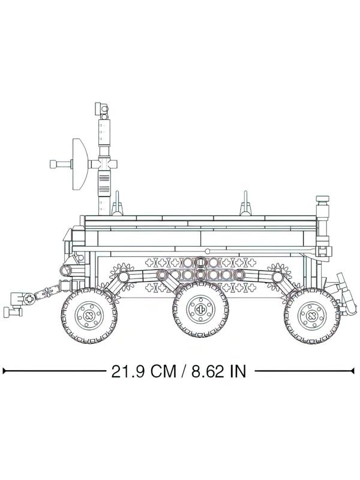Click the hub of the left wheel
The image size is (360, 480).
coord(89,316)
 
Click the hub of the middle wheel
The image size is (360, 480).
coord(200,309)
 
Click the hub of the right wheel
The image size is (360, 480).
coord(312,316)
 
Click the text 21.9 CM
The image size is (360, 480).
coord(143,371)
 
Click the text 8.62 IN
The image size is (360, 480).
coord(218,371)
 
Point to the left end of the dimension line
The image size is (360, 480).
coord(3,371)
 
